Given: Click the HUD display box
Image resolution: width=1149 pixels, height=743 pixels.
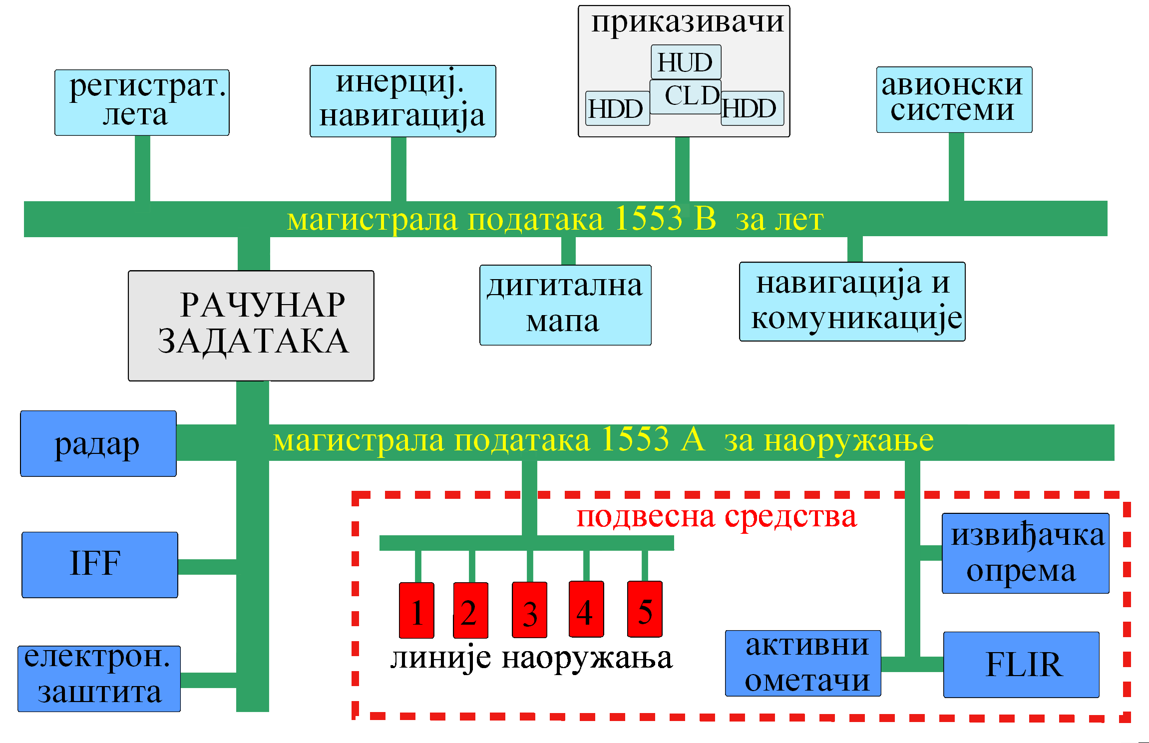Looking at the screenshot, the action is click(x=686, y=62).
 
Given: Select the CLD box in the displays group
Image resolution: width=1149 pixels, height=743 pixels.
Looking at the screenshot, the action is click(x=686, y=97).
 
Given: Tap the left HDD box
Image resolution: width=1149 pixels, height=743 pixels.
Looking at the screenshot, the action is click(x=617, y=108).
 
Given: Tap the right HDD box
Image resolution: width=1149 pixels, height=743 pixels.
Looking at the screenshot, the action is click(x=753, y=108).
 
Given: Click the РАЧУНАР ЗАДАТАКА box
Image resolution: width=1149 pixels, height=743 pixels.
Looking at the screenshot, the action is click(x=251, y=326).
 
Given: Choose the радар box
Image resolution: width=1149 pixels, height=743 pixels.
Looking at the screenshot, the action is click(x=98, y=443).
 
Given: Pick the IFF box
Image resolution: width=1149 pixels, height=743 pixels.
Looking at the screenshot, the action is click(x=100, y=565).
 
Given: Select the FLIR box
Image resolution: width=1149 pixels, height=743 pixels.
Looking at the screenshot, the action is click(x=1021, y=665).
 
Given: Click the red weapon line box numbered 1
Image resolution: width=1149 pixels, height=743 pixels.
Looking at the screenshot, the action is click(x=416, y=610).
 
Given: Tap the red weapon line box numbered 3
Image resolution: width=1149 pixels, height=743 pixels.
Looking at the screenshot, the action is click(x=529, y=610).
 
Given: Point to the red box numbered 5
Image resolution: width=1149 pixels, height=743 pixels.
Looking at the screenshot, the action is click(x=645, y=609).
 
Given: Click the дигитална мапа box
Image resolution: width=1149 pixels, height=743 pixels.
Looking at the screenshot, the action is click(x=565, y=305).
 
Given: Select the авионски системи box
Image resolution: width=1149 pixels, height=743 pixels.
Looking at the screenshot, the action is click(x=954, y=100).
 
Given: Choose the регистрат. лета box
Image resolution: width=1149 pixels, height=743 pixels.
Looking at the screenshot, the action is click(x=142, y=102).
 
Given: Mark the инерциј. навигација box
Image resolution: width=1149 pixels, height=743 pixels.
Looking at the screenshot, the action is click(x=403, y=101).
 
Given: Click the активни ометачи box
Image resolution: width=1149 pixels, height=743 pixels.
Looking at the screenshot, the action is click(x=803, y=663).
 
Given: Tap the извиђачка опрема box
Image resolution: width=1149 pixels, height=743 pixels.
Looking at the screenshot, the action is click(x=1026, y=553).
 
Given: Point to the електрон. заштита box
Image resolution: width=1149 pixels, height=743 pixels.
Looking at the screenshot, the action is click(x=99, y=679).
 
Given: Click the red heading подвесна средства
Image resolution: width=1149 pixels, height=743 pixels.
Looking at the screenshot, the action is click(x=717, y=517).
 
